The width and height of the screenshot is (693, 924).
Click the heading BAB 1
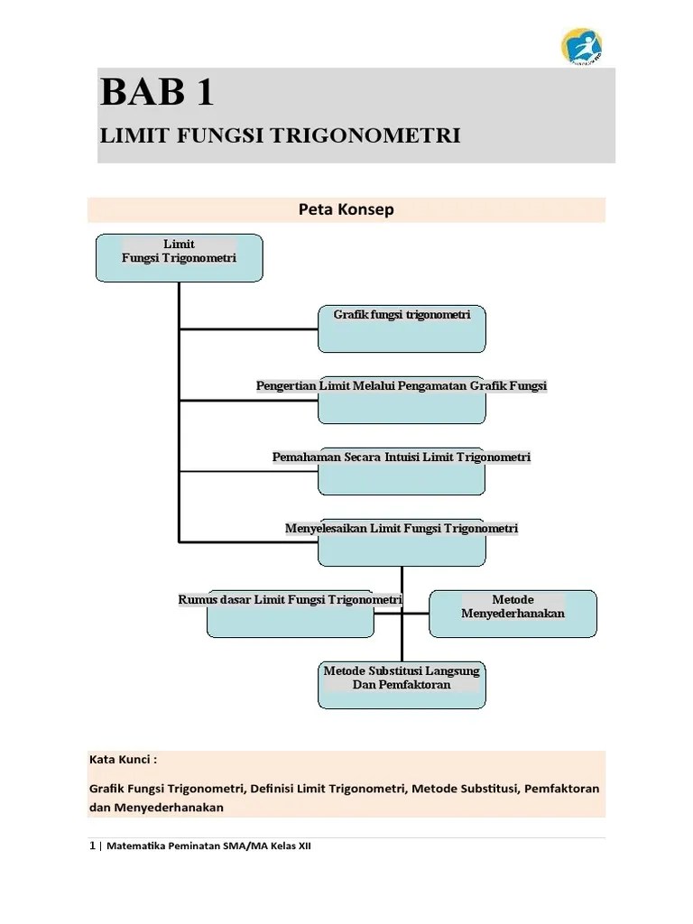point(158,94)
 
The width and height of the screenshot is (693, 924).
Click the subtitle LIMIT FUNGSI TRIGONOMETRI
point(280,135)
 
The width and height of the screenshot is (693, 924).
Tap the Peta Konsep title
point(346,209)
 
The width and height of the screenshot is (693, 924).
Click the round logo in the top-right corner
point(582,47)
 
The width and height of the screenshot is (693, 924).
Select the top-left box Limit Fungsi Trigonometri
point(179,256)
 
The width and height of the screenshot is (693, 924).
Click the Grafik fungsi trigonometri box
point(402,328)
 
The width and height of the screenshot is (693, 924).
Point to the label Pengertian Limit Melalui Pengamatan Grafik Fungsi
point(402,386)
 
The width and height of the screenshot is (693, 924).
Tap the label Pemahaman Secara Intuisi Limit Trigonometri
point(402,457)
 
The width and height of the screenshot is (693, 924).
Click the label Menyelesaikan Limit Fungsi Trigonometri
point(402,528)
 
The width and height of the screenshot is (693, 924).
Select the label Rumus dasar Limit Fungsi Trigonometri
point(291,599)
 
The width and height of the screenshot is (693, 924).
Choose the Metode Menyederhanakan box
point(513,613)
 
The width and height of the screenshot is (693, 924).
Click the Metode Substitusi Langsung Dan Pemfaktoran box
point(402,683)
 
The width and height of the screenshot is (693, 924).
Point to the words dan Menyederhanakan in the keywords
point(156,808)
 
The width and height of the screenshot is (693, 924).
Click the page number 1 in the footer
point(92,846)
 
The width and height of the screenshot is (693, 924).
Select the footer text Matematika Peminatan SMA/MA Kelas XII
point(208,847)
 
